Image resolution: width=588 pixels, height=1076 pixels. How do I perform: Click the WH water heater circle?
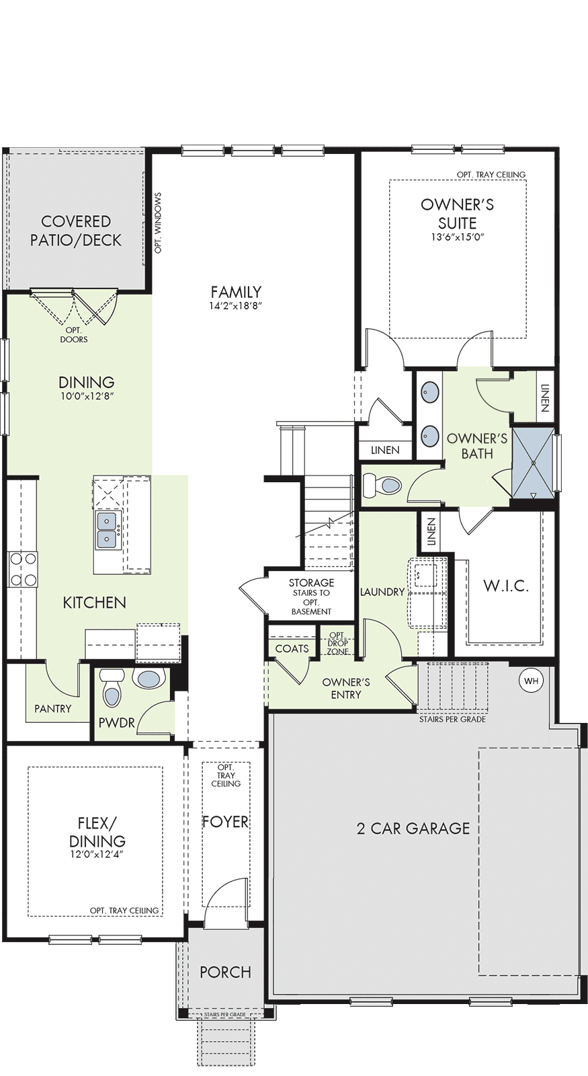click(532, 681)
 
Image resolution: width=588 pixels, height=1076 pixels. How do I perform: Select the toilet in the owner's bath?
click(382, 486)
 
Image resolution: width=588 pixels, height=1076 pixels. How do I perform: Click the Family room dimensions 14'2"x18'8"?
click(236, 305)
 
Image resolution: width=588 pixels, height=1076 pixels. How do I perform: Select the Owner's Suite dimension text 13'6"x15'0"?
click(458, 237)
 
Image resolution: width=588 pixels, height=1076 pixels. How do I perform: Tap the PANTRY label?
click(53, 709)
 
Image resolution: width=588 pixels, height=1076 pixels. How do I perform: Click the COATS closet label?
click(292, 648)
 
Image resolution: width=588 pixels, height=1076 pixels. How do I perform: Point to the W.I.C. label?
click(506, 586)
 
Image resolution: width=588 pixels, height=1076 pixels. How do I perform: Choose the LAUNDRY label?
click(382, 592)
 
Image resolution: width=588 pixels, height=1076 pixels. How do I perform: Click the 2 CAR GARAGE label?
click(413, 829)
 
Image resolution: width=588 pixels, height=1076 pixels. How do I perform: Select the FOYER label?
click(226, 822)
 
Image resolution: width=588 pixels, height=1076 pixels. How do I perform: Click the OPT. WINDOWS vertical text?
click(159, 223)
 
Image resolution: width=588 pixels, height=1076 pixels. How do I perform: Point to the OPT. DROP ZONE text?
click(338, 643)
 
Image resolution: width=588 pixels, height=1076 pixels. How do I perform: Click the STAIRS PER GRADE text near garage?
click(452, 720)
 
